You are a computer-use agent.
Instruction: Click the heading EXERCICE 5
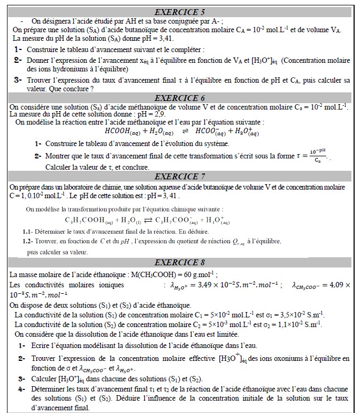tap(180, 11)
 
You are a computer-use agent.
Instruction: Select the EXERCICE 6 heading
tap(180, 98)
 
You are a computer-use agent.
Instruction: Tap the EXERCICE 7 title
tap(180, 176)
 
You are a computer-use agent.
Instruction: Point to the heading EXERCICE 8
tap(180, 263)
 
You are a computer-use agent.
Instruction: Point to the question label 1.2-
tap(30, 242)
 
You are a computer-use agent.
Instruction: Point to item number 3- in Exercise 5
tap(18, 80)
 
